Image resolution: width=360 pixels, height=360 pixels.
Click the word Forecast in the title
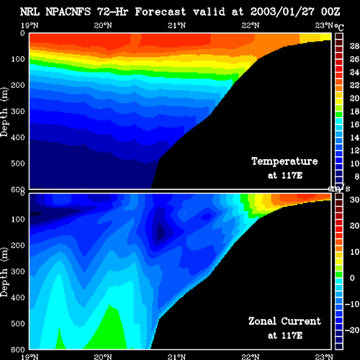coord(160,12)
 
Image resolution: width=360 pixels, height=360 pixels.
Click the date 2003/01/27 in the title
coord(282,12)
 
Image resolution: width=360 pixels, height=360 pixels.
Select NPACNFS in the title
coord(68,12)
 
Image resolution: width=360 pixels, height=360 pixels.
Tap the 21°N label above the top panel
coord(176,25)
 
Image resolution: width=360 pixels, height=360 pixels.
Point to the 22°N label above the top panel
coord(251,25)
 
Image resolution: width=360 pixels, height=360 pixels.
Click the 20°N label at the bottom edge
coord(103,357)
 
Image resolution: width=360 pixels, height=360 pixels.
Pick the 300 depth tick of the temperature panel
coord(18,112)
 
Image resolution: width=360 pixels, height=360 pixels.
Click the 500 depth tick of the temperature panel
coord(18,163)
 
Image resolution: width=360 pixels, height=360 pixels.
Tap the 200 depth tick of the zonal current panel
coord(18,246)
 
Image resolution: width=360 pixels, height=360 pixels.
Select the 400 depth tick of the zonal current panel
coord(18,297)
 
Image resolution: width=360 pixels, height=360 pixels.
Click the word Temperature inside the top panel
coord(284,161)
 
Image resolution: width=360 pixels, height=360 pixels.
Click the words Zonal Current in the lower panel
coord(284,321)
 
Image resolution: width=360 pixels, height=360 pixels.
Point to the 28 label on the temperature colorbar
coord(354,46)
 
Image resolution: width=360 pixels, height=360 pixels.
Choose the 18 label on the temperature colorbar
coord(354,112)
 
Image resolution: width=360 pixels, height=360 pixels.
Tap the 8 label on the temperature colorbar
coord(357,176)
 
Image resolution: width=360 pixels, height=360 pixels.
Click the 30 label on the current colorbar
coord(354,199)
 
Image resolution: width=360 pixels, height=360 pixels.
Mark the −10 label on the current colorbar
coord(352,304)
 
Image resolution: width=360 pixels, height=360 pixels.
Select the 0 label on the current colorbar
coord(352,278)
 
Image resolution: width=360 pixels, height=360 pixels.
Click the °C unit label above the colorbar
coord(339,27)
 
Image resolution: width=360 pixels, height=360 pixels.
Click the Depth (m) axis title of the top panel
coord(4,112)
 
